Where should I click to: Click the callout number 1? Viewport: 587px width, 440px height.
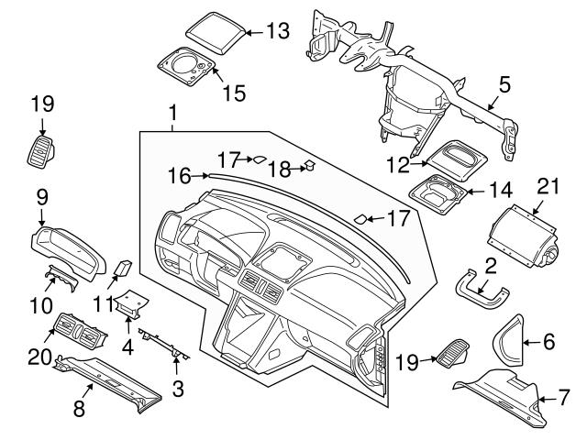172,114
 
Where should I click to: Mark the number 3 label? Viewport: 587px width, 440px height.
178,389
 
